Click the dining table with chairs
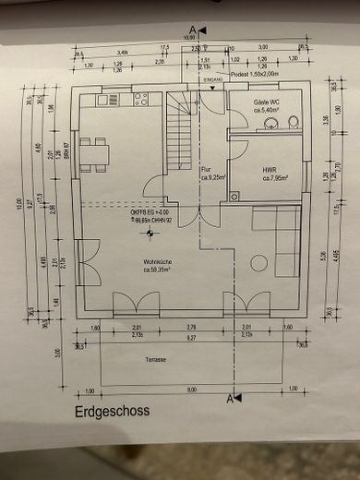point(93,152)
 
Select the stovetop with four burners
point(140,99)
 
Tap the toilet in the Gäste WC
point(293,121)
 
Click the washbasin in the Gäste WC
point(270,123)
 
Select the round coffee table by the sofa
point(258,263)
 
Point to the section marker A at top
point(192,30)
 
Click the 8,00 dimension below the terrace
point(191,390)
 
